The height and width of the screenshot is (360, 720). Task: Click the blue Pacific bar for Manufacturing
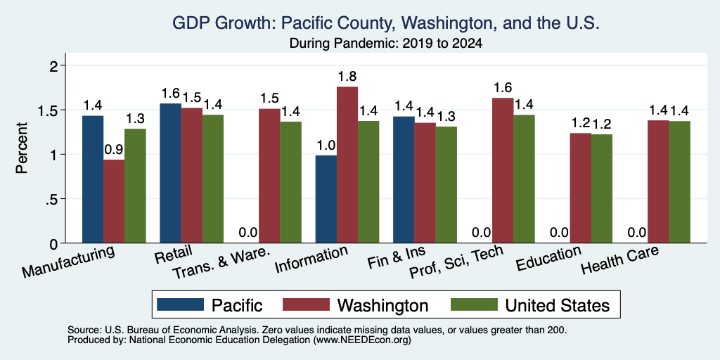(93, 179)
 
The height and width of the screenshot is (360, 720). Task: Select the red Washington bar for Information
(347, 165)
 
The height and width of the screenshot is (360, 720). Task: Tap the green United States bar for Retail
(213, 179)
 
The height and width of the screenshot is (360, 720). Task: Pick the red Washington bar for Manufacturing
(114, 201)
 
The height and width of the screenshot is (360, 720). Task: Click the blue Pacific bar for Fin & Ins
(404, 179)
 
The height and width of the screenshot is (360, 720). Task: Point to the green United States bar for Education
(602, 188)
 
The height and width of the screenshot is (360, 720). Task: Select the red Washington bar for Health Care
(658, 181)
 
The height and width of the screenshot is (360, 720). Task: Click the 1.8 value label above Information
(347, 76)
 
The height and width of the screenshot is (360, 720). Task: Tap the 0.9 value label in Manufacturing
(114, 150)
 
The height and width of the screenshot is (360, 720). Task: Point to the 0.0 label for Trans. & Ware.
(248, 232)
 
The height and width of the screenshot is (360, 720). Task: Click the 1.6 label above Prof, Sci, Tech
(502, 87)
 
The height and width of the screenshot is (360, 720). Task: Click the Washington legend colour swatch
(306, 304)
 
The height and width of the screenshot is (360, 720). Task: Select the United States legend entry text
(558, 305)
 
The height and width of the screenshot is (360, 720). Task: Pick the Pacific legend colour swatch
(180, 304)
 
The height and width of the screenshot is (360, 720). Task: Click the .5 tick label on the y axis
(55, 199)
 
